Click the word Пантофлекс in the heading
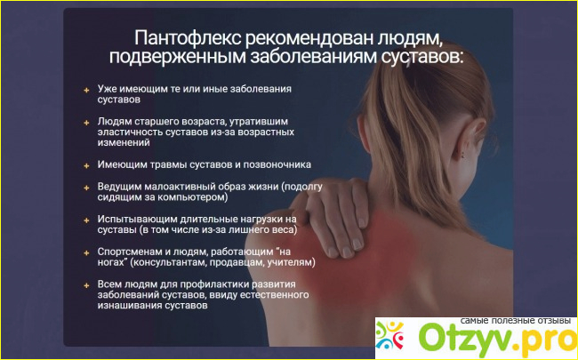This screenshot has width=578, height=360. point(187,38)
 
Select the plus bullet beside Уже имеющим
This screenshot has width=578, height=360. point(86,91)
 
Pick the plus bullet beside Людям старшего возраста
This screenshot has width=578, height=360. point(86,123)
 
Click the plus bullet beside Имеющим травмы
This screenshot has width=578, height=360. point(86,166)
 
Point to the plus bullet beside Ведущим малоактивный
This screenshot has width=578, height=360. point(86,188)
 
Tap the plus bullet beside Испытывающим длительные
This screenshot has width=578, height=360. point(86,220)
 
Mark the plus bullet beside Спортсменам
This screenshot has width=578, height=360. point(86,253)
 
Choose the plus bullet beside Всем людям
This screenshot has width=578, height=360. point(86,285)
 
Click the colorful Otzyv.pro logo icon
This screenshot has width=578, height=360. point(389,335)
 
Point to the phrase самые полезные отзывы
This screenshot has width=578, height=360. point(516,321)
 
